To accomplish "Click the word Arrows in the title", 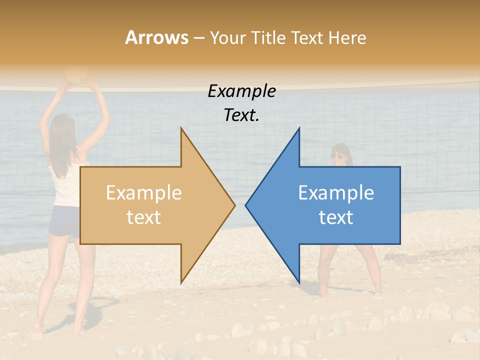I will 156,37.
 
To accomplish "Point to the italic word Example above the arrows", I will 241,91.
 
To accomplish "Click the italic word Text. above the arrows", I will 241,115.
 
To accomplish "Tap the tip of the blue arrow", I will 246,204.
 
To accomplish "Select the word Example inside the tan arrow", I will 143,193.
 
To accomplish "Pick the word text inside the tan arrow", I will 143,217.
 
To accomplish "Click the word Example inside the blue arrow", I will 336,193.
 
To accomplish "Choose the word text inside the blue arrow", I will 336,217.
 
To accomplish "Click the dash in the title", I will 198,38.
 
